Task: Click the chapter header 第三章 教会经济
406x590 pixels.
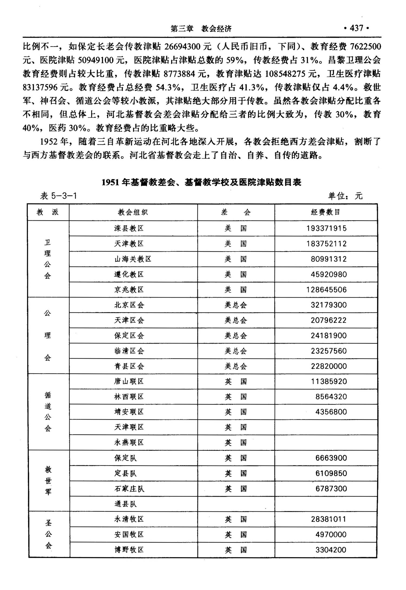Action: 201,29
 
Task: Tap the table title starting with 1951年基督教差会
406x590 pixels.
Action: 201,182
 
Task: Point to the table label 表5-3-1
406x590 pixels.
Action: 58,196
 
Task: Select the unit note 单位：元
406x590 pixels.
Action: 345,196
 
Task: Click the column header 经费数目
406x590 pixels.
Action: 326,212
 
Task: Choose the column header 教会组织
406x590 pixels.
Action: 133,212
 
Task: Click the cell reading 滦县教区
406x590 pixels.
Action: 129,228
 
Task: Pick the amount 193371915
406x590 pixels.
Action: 326,228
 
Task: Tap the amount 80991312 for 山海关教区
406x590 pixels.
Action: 329,259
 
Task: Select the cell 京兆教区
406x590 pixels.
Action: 129,290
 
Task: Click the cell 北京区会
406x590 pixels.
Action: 129,305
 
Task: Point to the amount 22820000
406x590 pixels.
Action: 329,366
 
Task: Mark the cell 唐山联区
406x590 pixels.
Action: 129,382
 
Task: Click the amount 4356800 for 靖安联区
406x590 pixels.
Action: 331,412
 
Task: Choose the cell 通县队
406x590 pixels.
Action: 126,504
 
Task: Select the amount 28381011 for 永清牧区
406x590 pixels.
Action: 329,519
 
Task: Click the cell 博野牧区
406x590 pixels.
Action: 129,550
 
